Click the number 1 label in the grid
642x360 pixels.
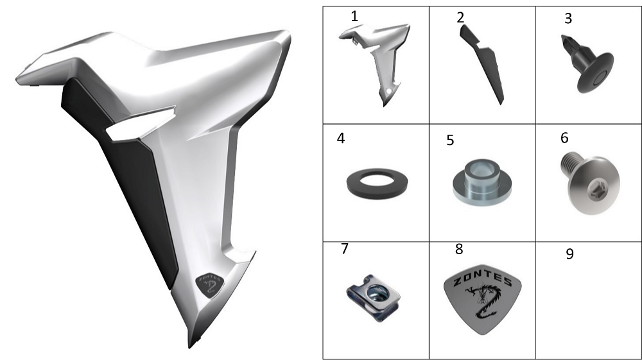[x=354, y=17]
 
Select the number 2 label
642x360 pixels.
[x=460, y=17]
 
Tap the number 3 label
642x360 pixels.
[x=568, y=19]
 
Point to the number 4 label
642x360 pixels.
[x=341, y=138]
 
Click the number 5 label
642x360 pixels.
[x=450, y=141]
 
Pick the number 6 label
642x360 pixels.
[x=564, y=138]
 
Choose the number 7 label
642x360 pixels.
[x=345, y=249]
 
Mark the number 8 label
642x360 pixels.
[x=459, y=249]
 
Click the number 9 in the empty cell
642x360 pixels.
[x=569, y=253]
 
